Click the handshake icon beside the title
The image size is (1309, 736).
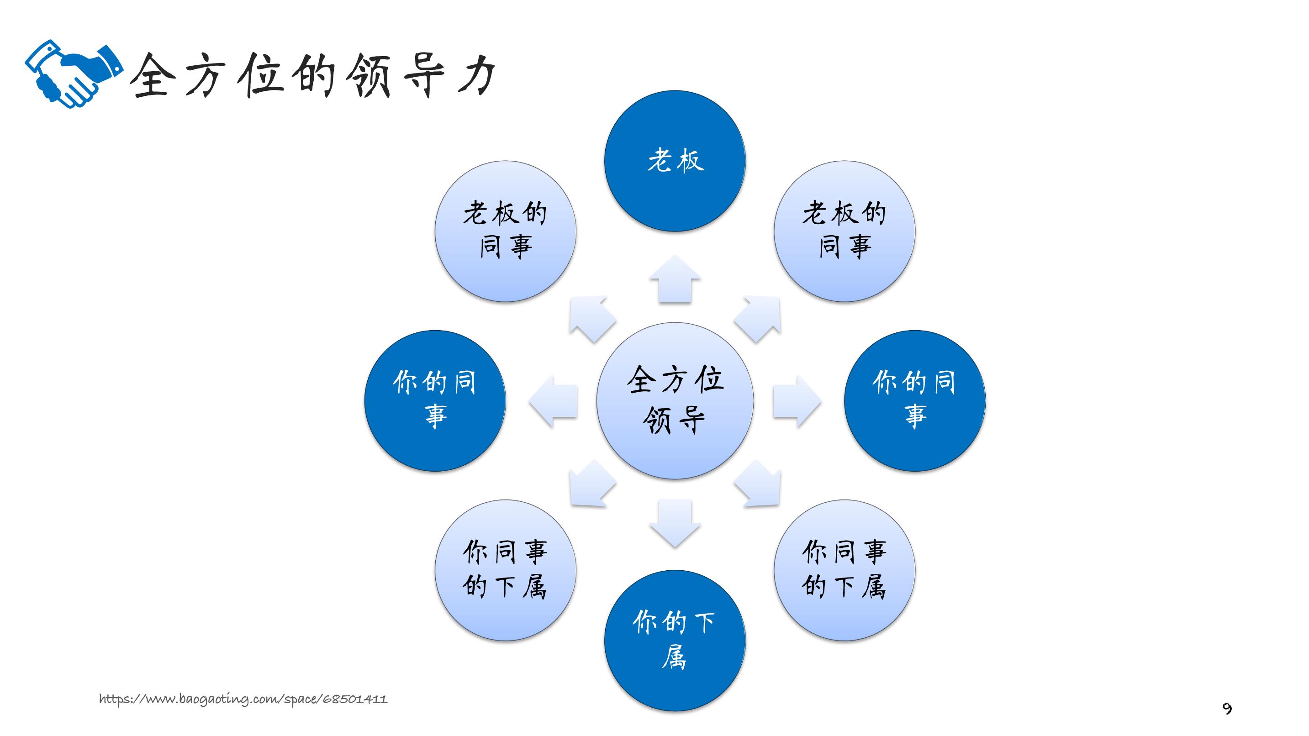[74, 74]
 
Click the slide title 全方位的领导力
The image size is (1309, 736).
[312, 75]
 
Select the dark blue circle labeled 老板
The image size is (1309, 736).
[675, 161]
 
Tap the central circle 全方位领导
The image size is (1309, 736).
[675, 401]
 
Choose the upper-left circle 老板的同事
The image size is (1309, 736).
[505, 231]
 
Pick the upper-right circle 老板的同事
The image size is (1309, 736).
[845, 231]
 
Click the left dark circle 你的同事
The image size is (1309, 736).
[435, 401]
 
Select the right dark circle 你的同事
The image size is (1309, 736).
[915, 401]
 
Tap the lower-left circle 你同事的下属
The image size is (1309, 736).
[505, 570]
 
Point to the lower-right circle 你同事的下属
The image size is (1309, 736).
[845, 570]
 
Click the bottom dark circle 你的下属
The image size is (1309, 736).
[675, 641]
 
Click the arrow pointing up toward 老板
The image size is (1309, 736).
[675, 279]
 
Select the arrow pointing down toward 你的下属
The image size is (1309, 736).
[675, 523]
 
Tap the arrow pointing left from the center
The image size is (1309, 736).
[553, 401]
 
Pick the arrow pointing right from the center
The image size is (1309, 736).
[797, 401]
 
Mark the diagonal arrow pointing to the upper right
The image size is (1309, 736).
[758, 319]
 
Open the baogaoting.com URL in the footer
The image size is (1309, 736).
[243, 699]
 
